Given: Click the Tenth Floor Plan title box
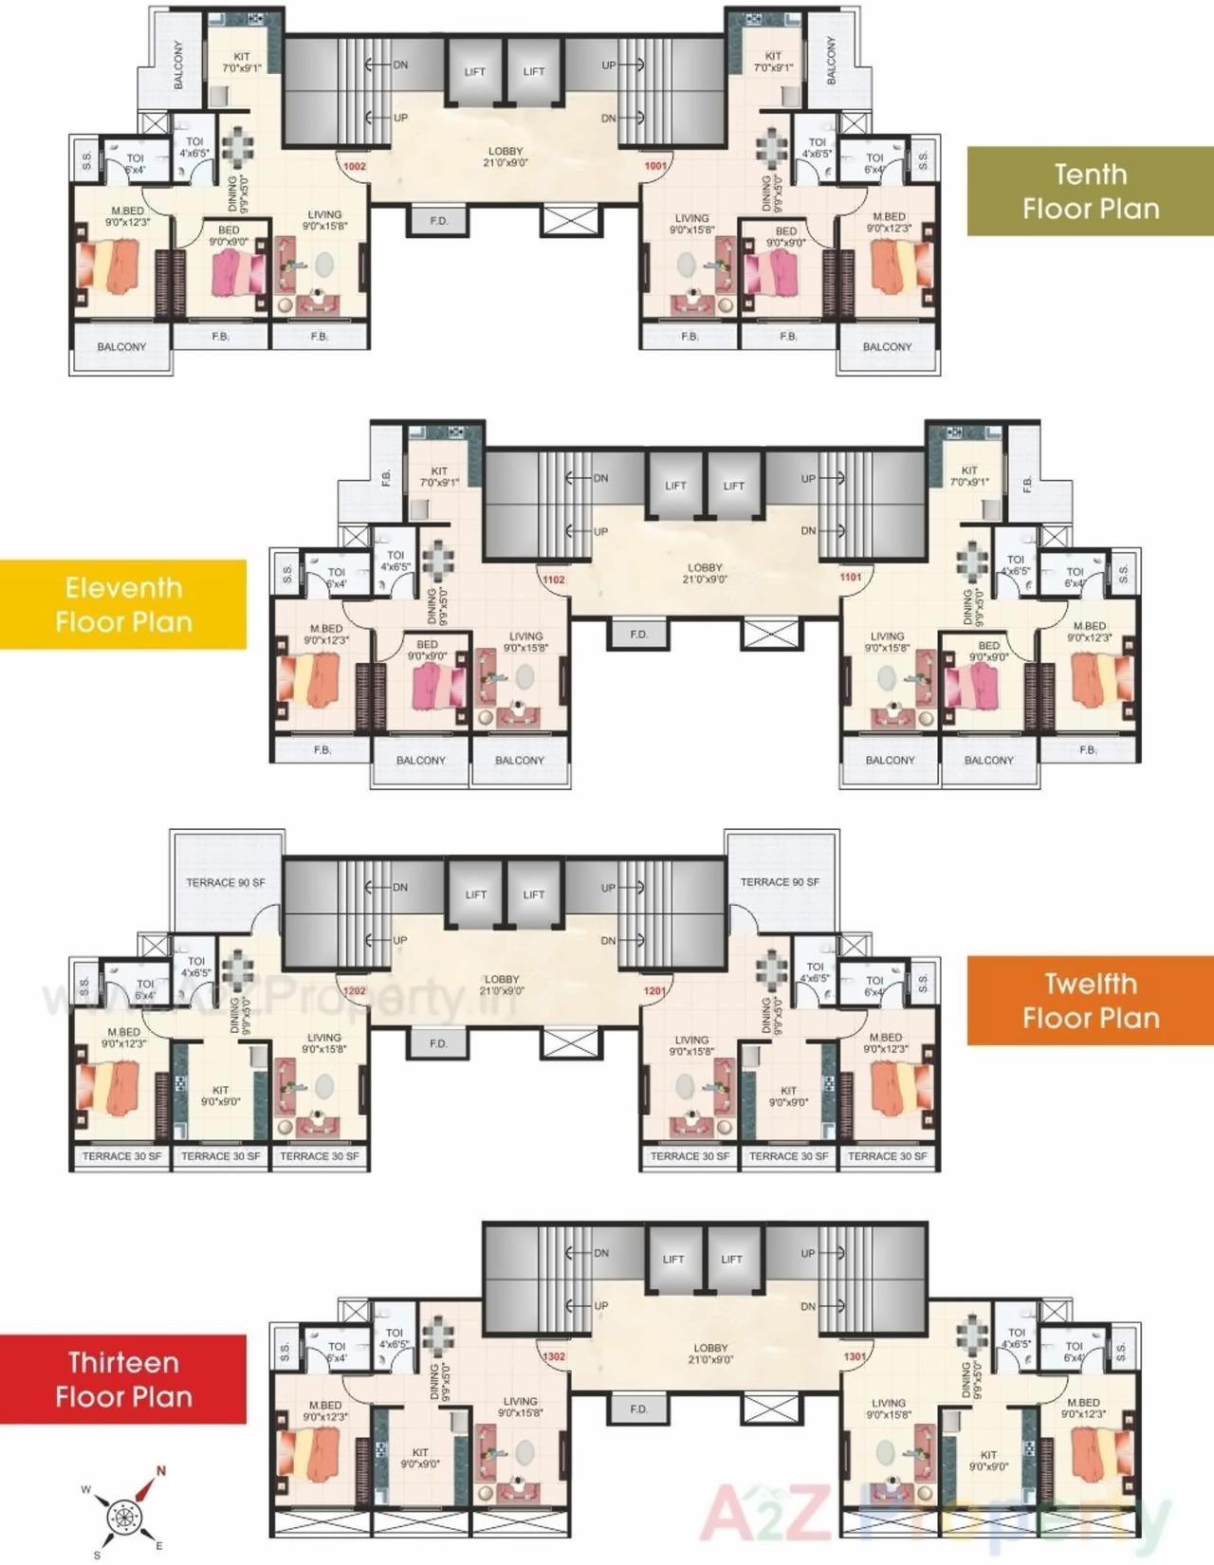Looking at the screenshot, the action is (1090, 191).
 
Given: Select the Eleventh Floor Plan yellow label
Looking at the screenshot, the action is (123, 604).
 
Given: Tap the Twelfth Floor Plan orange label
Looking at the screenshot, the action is (1090, 1001).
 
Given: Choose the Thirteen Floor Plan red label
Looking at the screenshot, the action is (123, 1379).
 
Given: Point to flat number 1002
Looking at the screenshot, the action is (355, 166).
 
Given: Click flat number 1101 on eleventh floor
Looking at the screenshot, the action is (851, 577).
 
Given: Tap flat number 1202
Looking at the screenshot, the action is (354, 991).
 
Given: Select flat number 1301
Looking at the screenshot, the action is (855, 1356).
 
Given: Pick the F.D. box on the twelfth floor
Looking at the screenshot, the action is (438, 1043).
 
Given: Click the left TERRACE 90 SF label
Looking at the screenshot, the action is (225, 882).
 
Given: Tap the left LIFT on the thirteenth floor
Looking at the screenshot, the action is (673, 1260).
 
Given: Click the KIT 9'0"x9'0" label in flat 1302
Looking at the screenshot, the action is (420, 1458).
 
